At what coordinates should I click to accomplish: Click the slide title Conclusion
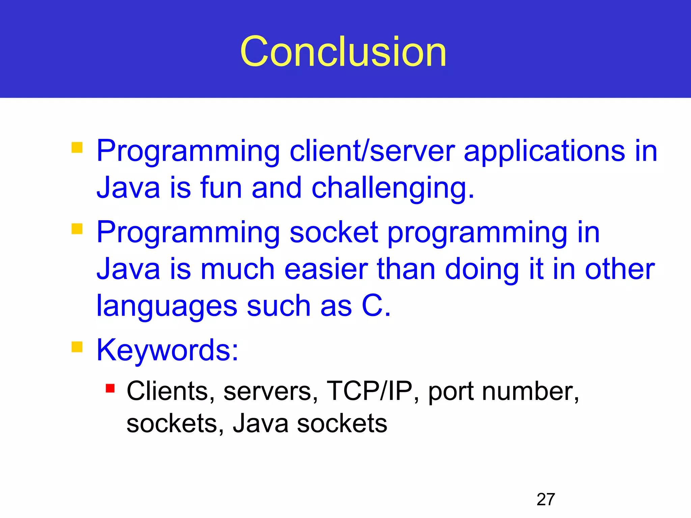pyautogui.click(x=343, y=52)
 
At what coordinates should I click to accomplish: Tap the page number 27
pyautogui.click(x=546, y=499)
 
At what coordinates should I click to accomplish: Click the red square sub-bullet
pyautogui.click(x=110, y=388)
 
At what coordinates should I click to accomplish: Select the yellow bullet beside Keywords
pyautogui.click(x=77, y=347)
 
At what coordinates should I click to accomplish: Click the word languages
pyautogui.click(x=167, y=307)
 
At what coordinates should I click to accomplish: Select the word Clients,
pyautogui.click(x=171, y=391)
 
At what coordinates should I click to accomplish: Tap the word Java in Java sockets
pyautogui.click(x=260, y=424)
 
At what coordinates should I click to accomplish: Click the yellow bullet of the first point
pyautogui.click(x=77, y=147)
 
